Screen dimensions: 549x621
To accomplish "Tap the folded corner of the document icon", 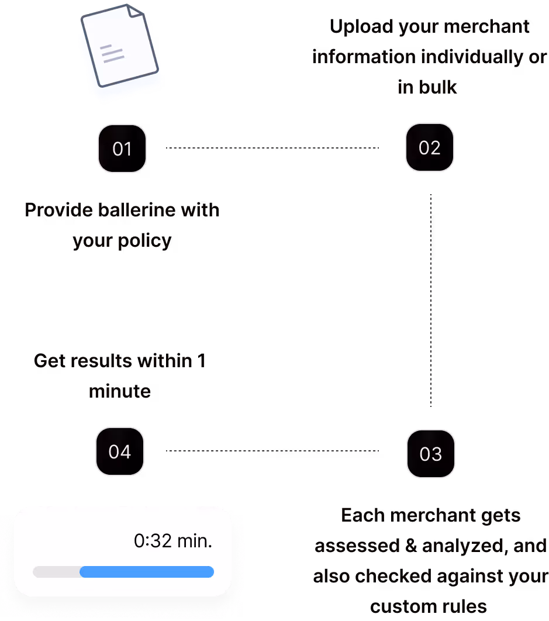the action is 135,12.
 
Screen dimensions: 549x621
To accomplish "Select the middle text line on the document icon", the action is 111,53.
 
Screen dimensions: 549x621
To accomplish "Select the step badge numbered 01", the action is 122,149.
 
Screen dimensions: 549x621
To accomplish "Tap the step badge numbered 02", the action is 430,147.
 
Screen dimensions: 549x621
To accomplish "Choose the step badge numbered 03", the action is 431,454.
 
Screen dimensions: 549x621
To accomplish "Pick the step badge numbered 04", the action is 120,451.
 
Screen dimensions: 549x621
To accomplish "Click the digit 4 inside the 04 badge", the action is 126,451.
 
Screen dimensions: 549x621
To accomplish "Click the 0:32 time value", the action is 153,541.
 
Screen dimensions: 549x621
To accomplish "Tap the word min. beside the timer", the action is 194,541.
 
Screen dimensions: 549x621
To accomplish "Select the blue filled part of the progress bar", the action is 147,572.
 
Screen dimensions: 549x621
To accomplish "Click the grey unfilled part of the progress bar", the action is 56,572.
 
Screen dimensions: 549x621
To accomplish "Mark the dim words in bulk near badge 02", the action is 429,88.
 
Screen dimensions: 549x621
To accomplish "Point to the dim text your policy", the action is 122,241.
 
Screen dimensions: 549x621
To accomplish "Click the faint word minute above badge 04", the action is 120,391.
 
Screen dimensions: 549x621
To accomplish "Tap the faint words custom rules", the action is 429,605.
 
